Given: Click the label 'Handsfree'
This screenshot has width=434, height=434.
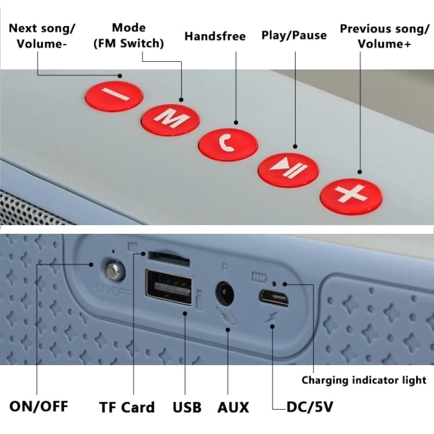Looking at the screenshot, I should [215, 36].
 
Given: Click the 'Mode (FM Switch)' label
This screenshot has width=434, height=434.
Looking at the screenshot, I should [129, 35].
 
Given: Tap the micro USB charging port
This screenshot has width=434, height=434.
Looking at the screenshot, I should [274, 299].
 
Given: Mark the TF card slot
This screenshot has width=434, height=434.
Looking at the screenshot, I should [168, 255].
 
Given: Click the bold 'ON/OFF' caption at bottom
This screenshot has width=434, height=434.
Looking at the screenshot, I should [39, 406].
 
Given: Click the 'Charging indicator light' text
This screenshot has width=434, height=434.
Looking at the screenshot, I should [363, 380].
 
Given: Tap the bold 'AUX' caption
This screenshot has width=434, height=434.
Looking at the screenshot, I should [233, 407].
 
